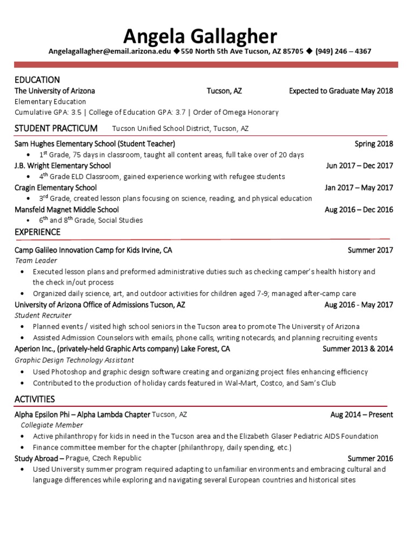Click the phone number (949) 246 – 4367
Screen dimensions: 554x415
(x=343, y=51)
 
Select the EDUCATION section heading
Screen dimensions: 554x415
(x=37, y=80)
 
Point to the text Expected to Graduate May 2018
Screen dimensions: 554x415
(x=341, y=91)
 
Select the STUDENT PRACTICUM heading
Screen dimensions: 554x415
(x=56, y=128)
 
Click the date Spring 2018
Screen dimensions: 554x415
(x=373, y=144)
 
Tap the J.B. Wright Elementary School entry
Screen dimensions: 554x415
(x=63, y=166)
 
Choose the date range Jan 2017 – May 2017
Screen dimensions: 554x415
(x=359, y=188)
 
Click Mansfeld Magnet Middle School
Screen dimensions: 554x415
(x=66, y=209)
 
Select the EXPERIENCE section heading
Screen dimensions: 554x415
(x=37, y=232)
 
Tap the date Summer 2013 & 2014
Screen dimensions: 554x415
(x=358, y=349)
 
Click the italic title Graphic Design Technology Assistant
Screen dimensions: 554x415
(x=74, y=360)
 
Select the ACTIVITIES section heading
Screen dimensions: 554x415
(x=35, y=399)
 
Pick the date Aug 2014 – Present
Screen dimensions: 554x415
(x=362, y=415)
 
